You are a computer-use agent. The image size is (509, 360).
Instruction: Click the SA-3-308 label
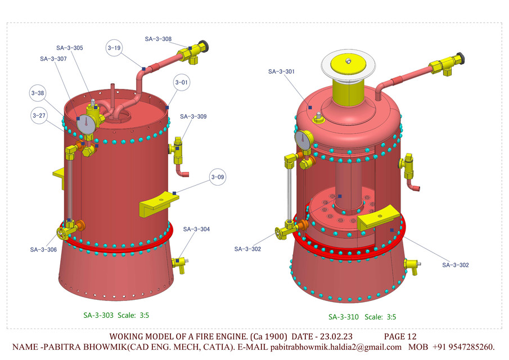[158, 39]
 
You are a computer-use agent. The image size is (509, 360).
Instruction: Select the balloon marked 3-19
[114, 48]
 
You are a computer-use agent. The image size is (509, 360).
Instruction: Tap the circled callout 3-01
[181, 82]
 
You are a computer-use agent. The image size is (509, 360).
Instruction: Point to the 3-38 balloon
[38, 93]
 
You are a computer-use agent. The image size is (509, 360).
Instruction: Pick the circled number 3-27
[39, 116]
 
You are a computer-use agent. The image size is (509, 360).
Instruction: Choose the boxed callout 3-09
[218, 177]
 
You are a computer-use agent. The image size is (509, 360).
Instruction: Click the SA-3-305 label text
[70, 48]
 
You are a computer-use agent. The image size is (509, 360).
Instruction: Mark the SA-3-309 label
[193, 117]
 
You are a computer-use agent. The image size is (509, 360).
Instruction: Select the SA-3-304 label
[196, 229]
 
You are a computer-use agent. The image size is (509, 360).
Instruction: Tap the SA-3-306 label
[43, 249]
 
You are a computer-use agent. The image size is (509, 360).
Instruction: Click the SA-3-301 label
[281, 71]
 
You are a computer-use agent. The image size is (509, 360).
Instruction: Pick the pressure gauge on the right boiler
[304, 140]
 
